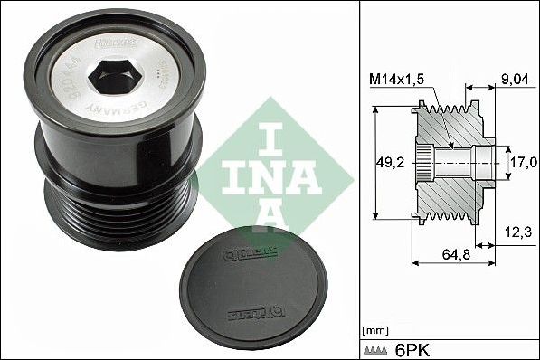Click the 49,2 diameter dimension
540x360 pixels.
(390, 164)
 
